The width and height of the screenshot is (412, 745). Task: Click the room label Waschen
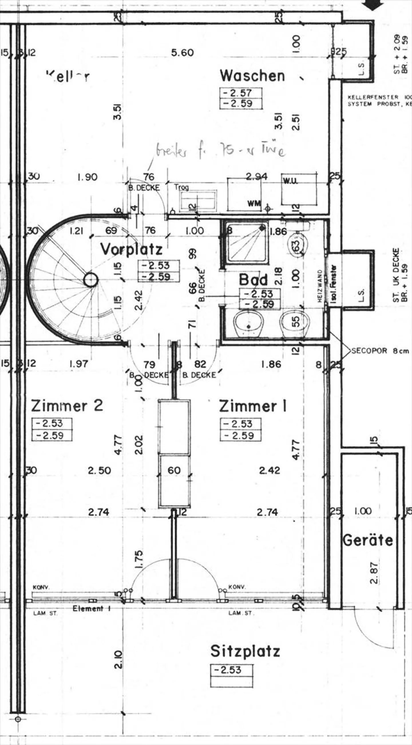pos(252,76)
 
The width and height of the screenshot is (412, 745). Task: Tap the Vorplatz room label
pos(131,249)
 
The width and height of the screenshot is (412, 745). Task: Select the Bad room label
pos(253,280)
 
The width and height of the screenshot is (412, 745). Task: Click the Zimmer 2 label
pos(67,406)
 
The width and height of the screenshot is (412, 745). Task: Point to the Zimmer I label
pos(253,406)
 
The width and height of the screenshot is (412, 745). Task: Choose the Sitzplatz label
pos(245,643)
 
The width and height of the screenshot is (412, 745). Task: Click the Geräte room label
pos(368,540)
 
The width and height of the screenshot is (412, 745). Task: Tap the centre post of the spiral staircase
pos(91,280)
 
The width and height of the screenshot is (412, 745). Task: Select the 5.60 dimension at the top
pos(182,53)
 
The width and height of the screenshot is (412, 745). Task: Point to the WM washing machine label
pos(254,204)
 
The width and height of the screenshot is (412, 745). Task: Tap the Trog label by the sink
pos(181,187)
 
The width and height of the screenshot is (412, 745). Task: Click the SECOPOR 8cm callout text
pos(380,351)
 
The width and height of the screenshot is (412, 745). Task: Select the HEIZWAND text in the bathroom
pos(320,286)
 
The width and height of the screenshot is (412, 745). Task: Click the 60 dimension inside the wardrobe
pos(174,470)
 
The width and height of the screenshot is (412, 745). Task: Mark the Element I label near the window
pos(92,609)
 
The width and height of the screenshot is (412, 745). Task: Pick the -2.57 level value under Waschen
pos(241,93)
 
